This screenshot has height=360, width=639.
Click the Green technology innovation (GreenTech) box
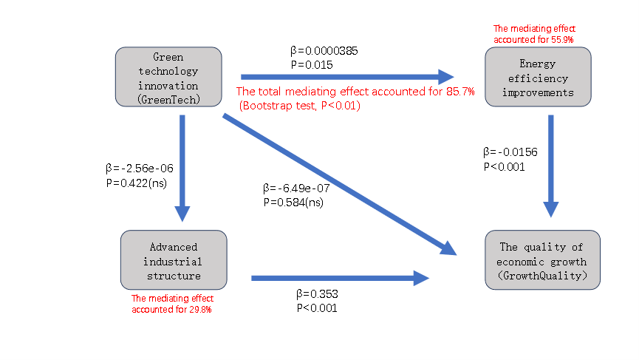pos(168,78)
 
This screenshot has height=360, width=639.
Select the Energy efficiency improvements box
pos(537,78)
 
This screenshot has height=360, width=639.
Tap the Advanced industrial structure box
pos(174,259)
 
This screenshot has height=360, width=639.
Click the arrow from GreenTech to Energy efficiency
pos(347,76)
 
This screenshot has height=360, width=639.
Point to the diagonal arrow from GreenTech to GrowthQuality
pos(340,184)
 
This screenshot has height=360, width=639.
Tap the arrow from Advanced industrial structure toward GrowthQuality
pos(340,278)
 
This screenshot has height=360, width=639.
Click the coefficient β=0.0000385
pos(324,52)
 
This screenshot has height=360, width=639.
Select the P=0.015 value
pos(312,65)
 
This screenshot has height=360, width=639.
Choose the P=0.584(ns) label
pos(293,201)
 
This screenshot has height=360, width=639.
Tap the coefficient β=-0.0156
pos(510,152)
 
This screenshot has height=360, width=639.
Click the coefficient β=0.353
pos(317,294)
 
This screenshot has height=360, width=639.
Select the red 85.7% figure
pos(459,92)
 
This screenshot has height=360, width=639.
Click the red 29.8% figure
pos(200,309)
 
